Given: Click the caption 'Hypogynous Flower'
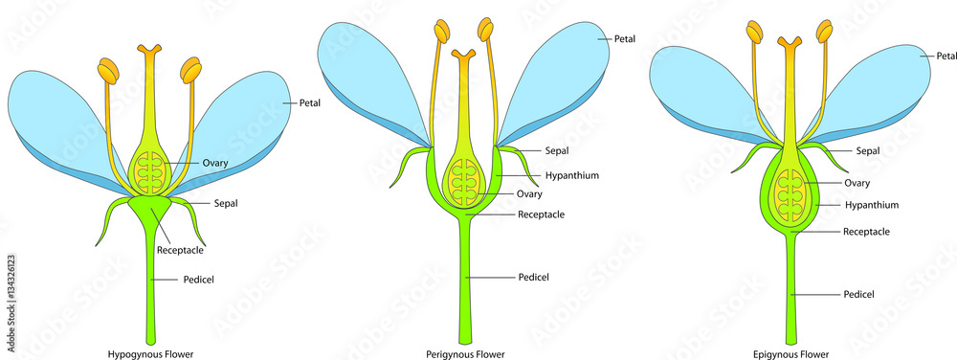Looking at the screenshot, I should (150, 353).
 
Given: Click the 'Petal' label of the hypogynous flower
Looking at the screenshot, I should (310, 101).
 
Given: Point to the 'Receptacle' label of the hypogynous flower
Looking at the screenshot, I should (181, 250).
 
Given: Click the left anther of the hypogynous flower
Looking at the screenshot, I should (107, 71).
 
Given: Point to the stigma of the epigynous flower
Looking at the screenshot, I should (790, 43).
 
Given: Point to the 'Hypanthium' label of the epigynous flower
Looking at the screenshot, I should (871, 205).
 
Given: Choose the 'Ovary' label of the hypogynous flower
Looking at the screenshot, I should (214, 163).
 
